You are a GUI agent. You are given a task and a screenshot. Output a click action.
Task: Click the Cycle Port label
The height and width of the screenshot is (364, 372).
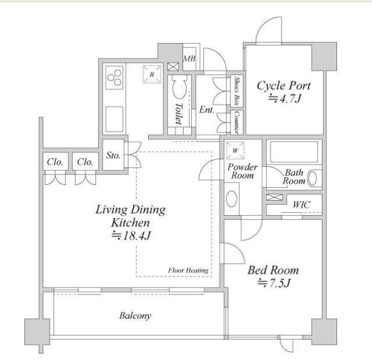point(284,86)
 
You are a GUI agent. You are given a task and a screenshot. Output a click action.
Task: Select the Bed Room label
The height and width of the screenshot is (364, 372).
point(273,270)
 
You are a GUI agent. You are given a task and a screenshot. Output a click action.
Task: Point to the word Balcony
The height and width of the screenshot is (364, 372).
point(135,316)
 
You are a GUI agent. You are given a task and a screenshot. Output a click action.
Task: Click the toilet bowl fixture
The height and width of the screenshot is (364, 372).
point(180,87)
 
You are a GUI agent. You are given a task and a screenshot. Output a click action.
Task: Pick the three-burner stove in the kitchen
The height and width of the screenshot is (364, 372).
point(114,78)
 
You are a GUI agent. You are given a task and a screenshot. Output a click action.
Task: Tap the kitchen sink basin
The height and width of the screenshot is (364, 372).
point(114,119)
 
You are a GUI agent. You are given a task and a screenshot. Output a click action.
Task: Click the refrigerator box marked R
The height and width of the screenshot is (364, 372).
point(152,74)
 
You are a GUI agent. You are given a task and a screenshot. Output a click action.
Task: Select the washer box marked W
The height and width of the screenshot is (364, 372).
point(235,150)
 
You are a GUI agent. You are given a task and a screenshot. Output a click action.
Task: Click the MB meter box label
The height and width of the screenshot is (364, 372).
point(189,58)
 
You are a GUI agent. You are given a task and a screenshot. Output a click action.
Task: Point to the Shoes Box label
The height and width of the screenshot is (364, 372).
point(236,90)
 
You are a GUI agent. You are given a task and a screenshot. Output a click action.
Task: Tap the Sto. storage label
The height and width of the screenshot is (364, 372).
point(113,155)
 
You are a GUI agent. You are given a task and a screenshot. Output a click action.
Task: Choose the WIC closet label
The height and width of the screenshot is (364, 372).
point(301,205)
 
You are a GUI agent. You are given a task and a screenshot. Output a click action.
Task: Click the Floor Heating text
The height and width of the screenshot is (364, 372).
point(188,270)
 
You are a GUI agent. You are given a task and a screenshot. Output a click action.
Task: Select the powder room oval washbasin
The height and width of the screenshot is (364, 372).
point(231,198)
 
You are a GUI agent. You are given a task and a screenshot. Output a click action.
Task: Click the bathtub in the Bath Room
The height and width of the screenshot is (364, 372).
point(294,152)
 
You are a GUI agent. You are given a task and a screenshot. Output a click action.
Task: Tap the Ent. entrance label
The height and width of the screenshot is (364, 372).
point(206,110)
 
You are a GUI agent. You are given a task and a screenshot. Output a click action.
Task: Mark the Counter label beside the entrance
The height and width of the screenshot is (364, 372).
point(236,123)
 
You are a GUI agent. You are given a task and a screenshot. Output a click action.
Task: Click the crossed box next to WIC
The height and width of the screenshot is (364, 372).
point(275,197)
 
